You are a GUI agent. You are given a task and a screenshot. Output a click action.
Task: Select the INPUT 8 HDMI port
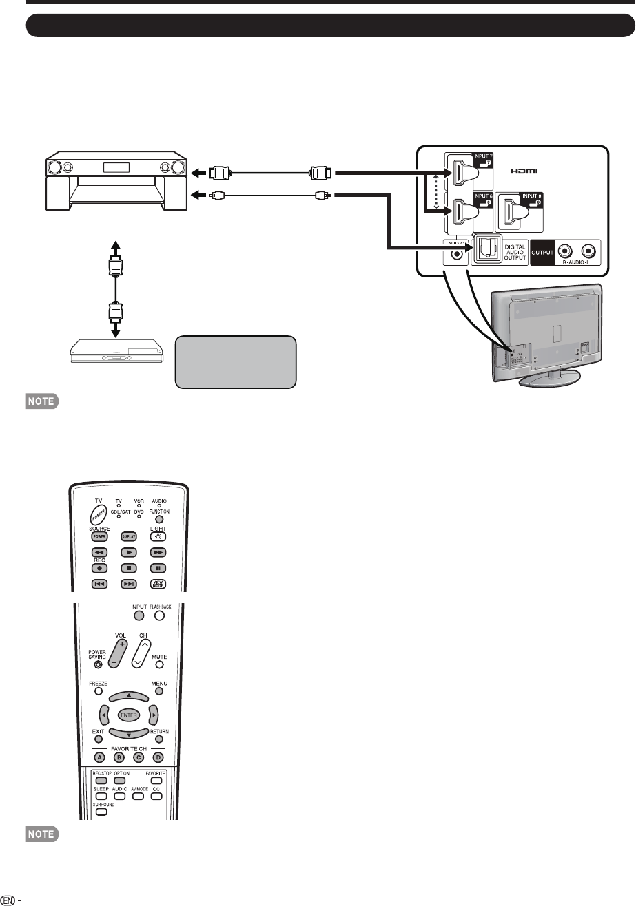point(517,213)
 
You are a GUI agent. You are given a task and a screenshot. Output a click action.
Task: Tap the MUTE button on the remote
point(159,664)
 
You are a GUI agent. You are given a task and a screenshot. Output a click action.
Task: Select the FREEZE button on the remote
point(98,691)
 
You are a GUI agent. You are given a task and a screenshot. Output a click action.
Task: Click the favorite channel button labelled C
point(139,758)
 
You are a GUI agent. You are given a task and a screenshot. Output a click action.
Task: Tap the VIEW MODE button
point(158,584)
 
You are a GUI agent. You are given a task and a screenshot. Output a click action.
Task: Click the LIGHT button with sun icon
point(158,536)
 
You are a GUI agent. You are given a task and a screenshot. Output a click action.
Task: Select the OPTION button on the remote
point(119,781)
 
